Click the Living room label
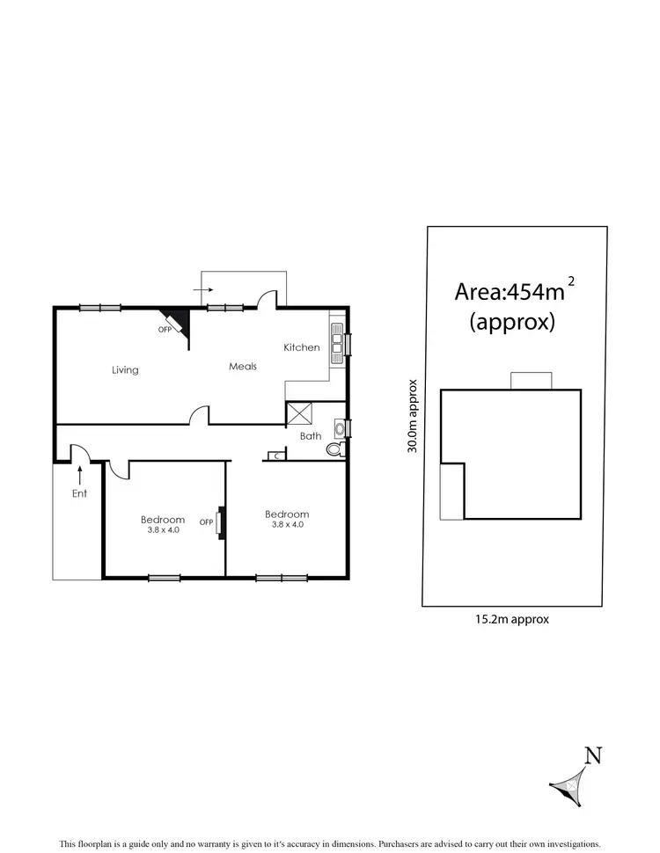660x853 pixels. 125,370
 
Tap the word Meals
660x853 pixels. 243,366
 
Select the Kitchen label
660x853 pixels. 302,347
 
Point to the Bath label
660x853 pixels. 311,435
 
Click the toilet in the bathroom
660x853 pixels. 334,449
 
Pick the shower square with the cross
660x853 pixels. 300,414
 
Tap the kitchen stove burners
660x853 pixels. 336,340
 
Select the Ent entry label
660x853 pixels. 80,494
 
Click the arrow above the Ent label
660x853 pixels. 80,475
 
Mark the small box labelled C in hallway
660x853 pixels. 276,455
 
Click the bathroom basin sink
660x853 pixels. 339,430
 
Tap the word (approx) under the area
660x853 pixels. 512,322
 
